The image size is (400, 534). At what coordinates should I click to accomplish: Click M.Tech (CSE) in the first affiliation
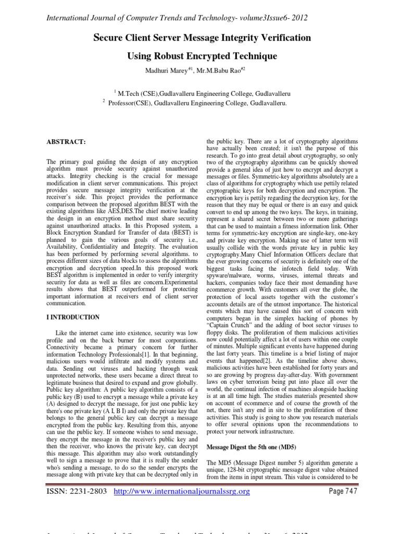tap(139, 93)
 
